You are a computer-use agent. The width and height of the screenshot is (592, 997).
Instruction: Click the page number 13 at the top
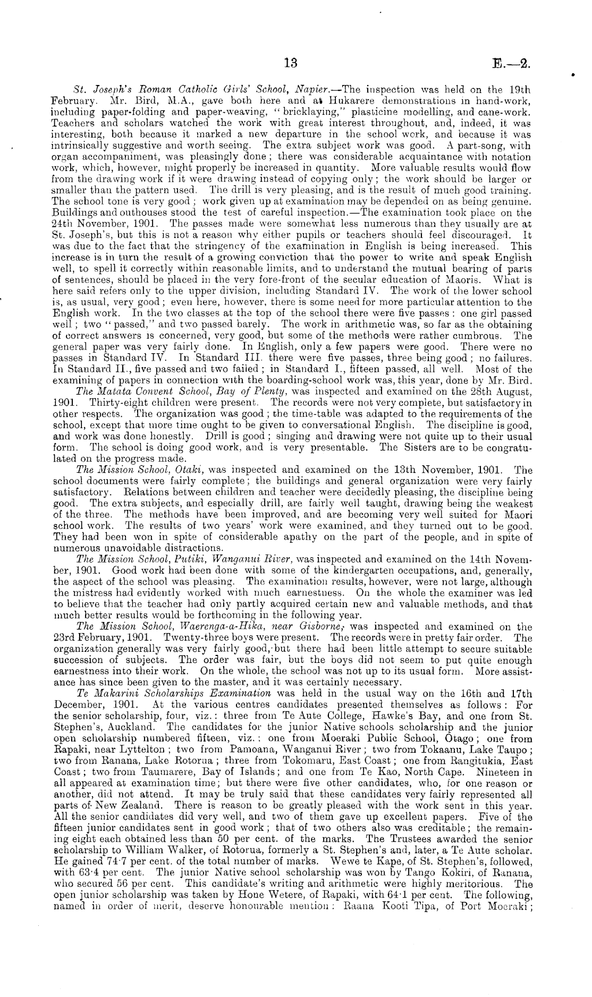click(291, 63)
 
